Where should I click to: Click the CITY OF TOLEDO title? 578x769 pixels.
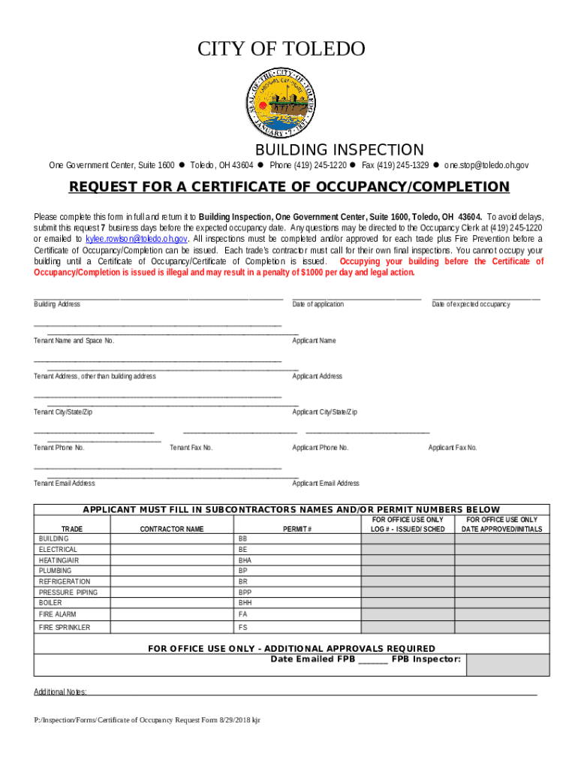point(281,50)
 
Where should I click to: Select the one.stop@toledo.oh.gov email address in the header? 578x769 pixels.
point(486,165)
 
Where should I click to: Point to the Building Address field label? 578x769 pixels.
point(57,304)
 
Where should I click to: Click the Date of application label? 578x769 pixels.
point(318,304)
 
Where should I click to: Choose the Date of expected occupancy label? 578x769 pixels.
point(471,304)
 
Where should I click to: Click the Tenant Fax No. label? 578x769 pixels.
point(191,448)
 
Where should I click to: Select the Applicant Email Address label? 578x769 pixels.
point(326,484)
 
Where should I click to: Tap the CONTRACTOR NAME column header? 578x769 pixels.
point(172,529)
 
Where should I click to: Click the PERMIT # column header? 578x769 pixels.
point(297,529)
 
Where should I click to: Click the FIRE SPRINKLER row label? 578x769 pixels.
point(65,627)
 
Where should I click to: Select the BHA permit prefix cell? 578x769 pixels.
point(245,560)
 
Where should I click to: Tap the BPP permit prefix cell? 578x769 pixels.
point(245,593)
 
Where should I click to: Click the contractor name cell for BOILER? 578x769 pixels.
point(172,603)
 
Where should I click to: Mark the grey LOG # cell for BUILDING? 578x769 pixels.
point(408,539)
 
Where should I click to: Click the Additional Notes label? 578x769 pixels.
point(60,692)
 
